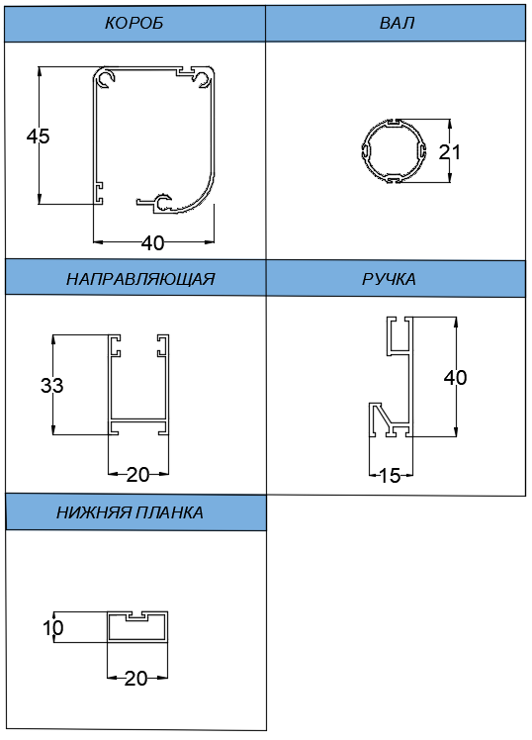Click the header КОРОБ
coord(133,23)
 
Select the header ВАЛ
coord(397,23)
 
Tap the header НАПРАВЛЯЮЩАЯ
coord(140,279)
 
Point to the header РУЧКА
coord(389,279)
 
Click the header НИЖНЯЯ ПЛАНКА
coord(130,512)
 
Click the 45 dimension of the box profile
coord(38,137)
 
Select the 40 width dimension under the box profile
coord(153,243)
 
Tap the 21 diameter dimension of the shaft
coord(450,152)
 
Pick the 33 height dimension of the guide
coord(51,385)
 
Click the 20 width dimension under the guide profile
coord(137,474)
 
